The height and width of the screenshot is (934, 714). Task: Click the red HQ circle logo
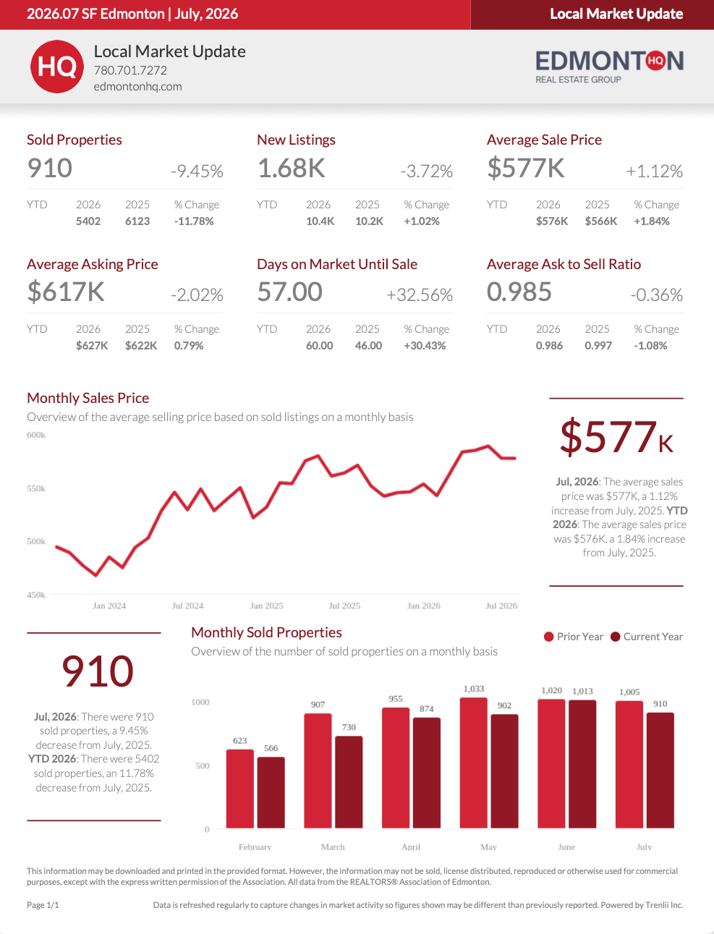(x=57, y=67)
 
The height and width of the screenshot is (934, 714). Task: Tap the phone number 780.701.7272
(x=130, y=70)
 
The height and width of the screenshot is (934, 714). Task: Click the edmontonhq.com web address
(x=137, y=86)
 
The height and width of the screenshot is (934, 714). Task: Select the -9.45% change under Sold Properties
(x=197, y=171)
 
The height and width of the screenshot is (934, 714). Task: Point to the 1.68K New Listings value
(x=291, y=168)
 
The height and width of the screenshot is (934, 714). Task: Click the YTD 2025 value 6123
(x=137, y=221)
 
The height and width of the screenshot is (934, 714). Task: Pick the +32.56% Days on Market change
(x=420, y=295)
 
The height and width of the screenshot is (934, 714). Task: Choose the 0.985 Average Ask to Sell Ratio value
(x=519, y=292)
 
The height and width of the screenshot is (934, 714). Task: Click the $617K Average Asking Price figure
(x=66, y=292)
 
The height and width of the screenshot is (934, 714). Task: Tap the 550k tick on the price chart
(x=36, y=488)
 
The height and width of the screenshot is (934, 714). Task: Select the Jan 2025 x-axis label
(x=267, y=606)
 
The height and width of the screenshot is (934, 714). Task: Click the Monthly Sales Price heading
(x=88, y=398)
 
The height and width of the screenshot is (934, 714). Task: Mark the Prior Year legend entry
(x=574, y=637)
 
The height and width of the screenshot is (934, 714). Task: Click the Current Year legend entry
(x=647, y=637)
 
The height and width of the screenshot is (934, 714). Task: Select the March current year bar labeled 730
(x=349, y=782)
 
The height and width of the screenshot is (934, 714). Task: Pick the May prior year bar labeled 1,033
(x=474, y=763)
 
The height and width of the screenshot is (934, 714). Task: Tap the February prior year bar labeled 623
(x=240, y=789)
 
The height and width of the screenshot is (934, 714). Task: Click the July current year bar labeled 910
(x=660, y=770)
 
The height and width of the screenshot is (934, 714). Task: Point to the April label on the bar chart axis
(x=411, y=846)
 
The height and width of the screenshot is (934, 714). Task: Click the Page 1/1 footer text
(x=43, y=905)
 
